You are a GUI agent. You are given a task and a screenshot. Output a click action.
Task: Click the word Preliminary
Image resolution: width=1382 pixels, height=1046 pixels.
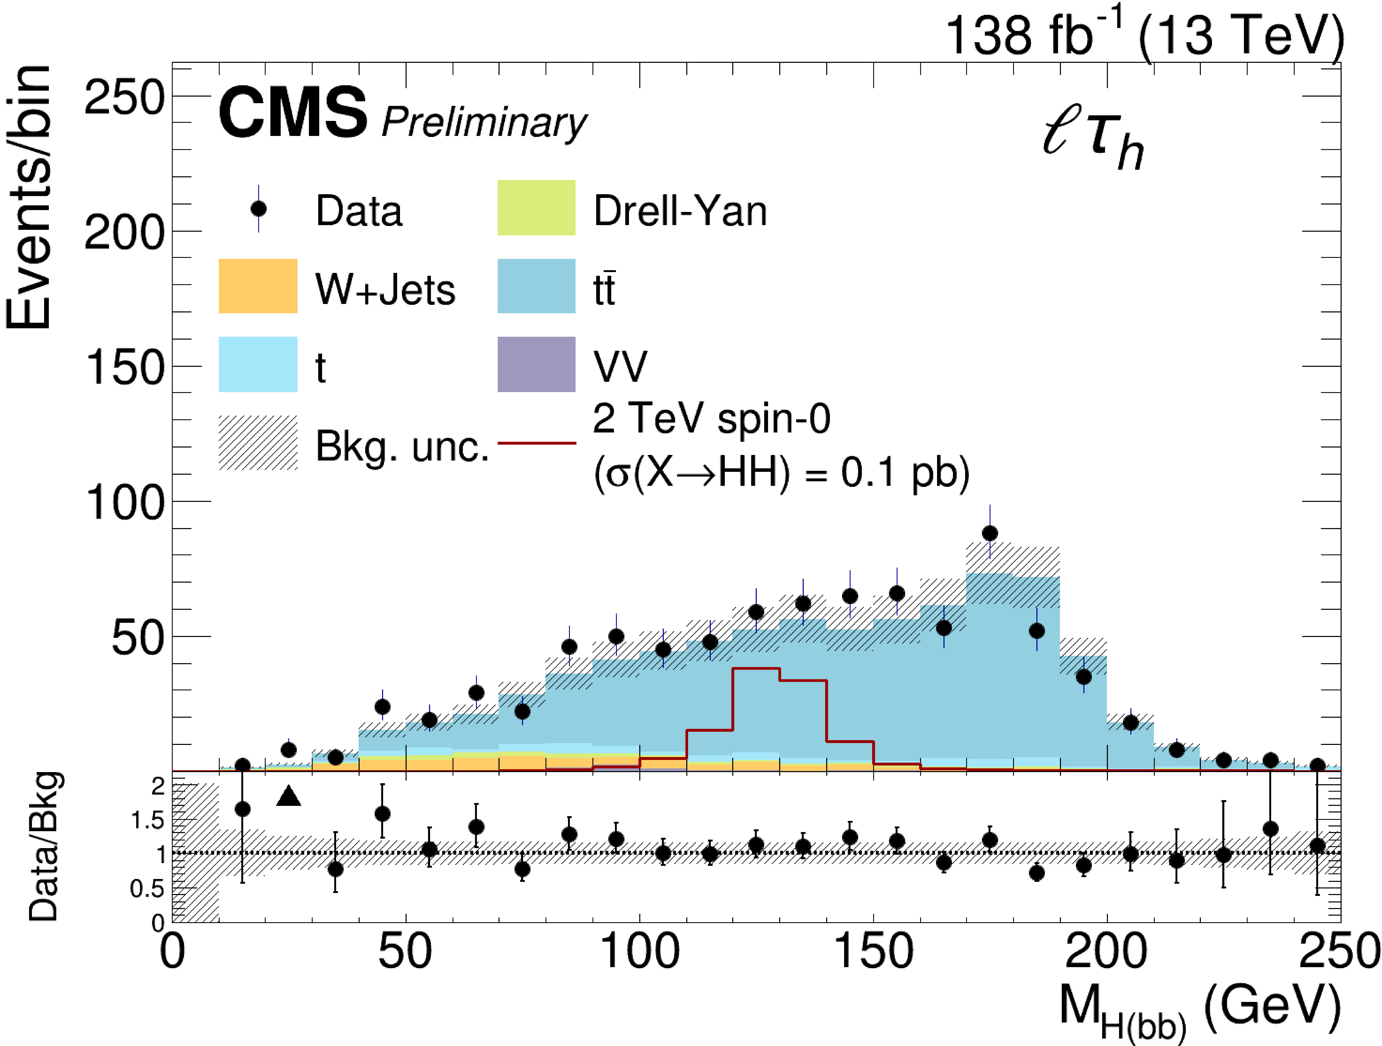pos(484,122)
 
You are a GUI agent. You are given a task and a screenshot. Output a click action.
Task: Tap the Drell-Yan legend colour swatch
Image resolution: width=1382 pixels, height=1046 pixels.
pos(536,208)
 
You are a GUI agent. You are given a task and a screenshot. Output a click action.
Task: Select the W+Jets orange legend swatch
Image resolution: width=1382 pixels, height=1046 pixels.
pos(258,286)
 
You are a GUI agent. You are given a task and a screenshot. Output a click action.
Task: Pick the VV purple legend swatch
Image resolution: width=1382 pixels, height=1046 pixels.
pos(536,365)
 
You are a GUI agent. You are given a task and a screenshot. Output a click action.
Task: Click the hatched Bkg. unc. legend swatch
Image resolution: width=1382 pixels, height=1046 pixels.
pos(258,443)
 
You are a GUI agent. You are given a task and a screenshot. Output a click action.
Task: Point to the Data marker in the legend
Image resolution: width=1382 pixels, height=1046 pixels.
pos(258,209)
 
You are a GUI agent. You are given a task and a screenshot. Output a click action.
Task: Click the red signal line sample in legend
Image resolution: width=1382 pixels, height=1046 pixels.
pos(536,443)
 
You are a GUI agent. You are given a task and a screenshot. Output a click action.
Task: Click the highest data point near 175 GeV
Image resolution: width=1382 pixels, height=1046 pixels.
pos(990,533)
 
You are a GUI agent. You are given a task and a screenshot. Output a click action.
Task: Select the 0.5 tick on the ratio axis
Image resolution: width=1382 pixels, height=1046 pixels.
pos(148,888)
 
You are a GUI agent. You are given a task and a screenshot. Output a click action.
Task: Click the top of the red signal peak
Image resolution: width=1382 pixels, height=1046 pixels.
pos(756,669)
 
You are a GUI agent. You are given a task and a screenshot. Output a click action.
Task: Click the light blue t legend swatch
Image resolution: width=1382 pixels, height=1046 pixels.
pos(258,365)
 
